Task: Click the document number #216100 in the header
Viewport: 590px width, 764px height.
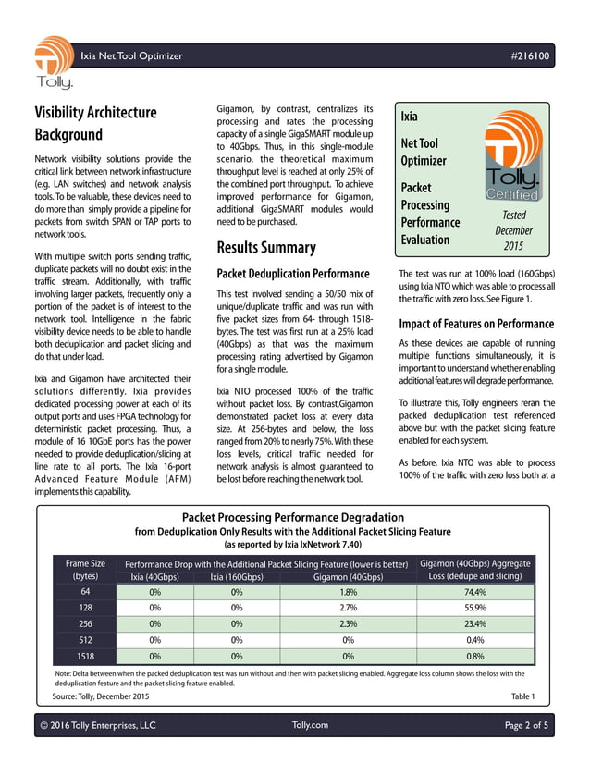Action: (530, 56)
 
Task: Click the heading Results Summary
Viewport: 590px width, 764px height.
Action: (265, 247)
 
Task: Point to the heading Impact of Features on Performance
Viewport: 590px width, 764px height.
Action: (476, 324)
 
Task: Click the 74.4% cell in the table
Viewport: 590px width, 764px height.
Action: (475, 593)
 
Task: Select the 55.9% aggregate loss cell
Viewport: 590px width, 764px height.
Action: (475, 609)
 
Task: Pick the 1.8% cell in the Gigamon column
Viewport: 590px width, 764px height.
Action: (341, 593)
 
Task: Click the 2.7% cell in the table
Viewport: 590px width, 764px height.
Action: (341, 609)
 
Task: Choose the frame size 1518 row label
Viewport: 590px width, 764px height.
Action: (85, 656)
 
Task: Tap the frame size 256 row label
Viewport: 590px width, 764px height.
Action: (85, 624)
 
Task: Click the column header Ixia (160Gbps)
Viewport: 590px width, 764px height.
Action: (237, 577)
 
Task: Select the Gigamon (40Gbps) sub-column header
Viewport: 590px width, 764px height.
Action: (341, 577)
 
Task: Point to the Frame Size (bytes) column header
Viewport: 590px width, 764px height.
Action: (85, 569)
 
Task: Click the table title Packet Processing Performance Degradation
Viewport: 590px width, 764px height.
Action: (293, 517)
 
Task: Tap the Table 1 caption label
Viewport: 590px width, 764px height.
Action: (522, 696)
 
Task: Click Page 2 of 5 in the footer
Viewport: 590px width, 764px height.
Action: (526, 725)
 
